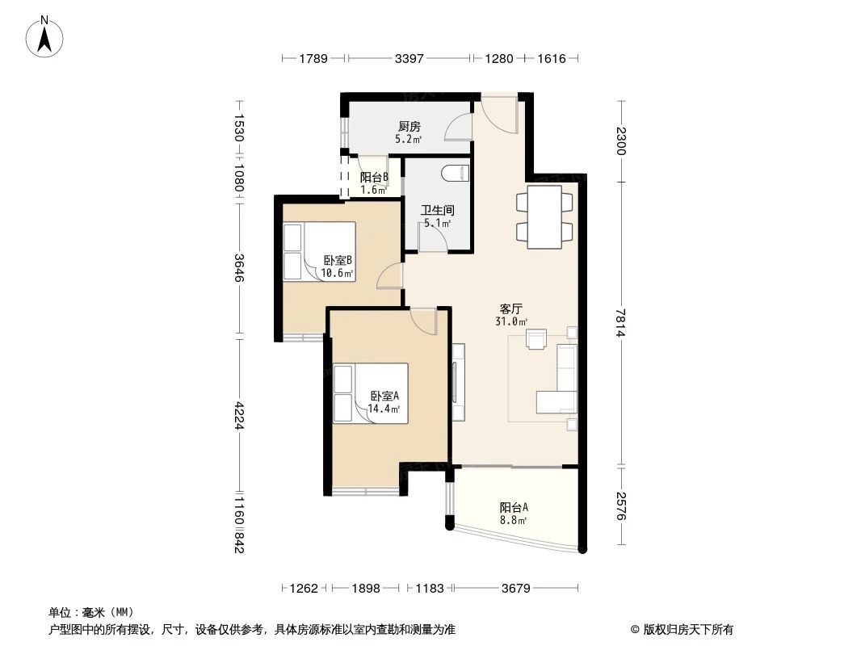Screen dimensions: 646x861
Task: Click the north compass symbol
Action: click(x=45, y=36)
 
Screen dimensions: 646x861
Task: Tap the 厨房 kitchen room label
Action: click(x=409, y=127)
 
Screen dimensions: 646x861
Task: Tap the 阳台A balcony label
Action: click(x=514, y=507)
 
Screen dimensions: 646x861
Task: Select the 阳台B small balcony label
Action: click(x=374, y=178)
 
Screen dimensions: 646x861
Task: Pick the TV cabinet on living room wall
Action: click(x=458, y=382)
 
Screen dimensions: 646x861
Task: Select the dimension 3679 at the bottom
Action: click(x=514, y=588)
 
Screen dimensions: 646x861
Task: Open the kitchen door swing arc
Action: click(x=459, y=128)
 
